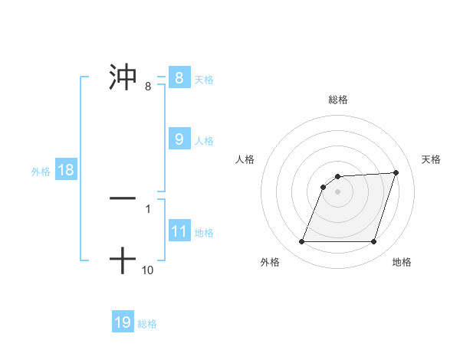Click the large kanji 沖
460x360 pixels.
click(123, 77)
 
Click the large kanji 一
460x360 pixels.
click(123, 198)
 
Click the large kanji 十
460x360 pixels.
click(123, 260)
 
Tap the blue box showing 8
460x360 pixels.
click(179, 77)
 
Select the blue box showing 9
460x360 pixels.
click(179, 139)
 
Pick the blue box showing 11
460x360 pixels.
click(179, 231)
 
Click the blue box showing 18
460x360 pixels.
click(66, 170)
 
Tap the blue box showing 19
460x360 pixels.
click(123, 322)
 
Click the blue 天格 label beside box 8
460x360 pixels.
click(204, 79)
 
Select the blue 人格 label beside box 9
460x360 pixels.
click(204, 141)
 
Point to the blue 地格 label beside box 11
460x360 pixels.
click(204, 232)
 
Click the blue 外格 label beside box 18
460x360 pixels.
click(41, 172)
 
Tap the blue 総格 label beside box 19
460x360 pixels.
click(147, 324)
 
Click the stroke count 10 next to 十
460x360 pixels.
click(148, 270)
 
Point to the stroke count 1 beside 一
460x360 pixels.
click(148, 208)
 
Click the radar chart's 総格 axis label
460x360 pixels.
click(337, 100)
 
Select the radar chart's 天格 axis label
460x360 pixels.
click(431, 159)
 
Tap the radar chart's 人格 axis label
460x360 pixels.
click(245, 159)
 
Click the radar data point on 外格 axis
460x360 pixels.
click(301, 242)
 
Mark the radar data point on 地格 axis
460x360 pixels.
click(373, 242)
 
